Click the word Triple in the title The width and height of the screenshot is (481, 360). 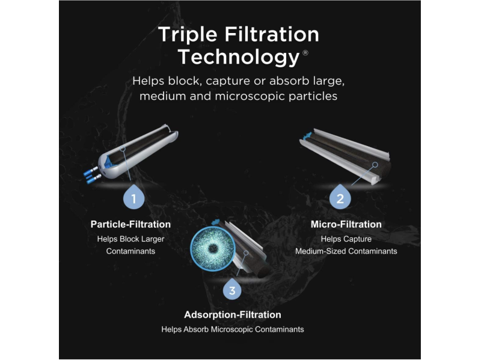tap(188, 34)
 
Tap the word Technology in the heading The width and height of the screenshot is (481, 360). tap(238, 57)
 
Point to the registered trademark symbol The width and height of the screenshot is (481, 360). tap(305, 53)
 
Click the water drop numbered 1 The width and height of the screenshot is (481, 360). tap(133, 197)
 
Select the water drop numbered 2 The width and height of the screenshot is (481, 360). tap(340, 197)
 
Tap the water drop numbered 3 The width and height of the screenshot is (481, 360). tap(232, 288)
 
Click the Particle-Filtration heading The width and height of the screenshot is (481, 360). tap(130, 224)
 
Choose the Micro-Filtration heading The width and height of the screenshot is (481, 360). tap(346, 224)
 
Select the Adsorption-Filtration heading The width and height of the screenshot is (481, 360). tap(233, 314)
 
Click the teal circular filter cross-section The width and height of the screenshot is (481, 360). tap(213, 249)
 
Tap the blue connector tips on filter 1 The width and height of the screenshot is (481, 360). tap(92, 175)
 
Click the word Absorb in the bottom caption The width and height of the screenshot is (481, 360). tap(197, 329)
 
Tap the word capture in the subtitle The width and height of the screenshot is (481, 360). tap(228, 82)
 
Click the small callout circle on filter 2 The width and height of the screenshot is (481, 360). tap(375, 165)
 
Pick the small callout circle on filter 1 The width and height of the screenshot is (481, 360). tap(123, 149)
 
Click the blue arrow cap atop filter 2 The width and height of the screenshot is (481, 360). tap(307, 136)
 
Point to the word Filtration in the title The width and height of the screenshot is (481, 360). tap(272, 34)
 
